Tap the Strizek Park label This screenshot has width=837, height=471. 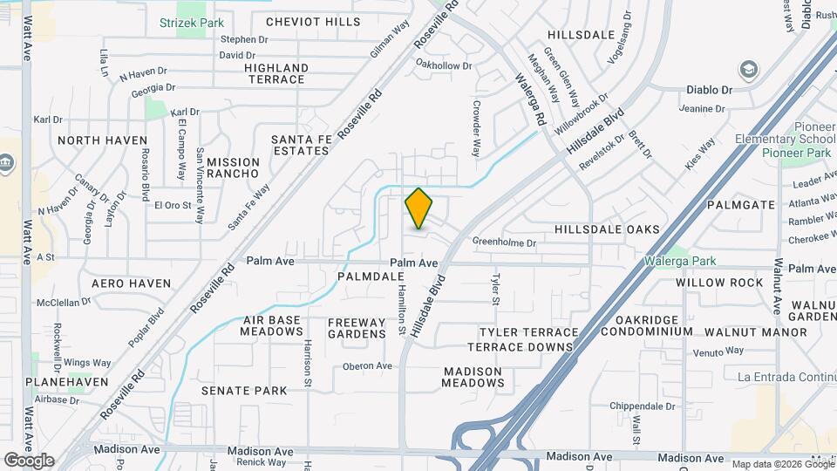pyautogui.click(x=192, y=22)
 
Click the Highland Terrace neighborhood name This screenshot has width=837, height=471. pyautogui.click(x=276, y=73)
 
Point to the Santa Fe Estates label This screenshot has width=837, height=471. pyautogui.click(x=300, y=145)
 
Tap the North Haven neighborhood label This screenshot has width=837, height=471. pyautogui.click(x=103, y=140)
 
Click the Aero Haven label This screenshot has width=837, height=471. pyautogui.click(x=131, y=283)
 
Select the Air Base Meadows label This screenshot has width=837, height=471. pyautogui.click(x=273, y=325)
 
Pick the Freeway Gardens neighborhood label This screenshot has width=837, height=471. pyautogui.click(x=357, y=328)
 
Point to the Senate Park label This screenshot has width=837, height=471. pyautogui.click(x=244, y=391)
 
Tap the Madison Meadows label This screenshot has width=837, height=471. pyautogui.click(x=473, y=377)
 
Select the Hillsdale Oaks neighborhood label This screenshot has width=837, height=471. pyautogui.click(x=607, y=229)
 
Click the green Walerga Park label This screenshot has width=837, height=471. pyautogui.click(x=680, y=261)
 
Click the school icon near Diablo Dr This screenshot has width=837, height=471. pyautogui.click(x=748, y=69)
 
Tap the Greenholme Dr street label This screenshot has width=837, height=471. pyautogui.click(x=503, y=242)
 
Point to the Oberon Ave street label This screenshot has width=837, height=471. pyautogui.click(x=367, y=366)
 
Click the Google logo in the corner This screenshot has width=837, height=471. pyautogui.click(x=28, y=461)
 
